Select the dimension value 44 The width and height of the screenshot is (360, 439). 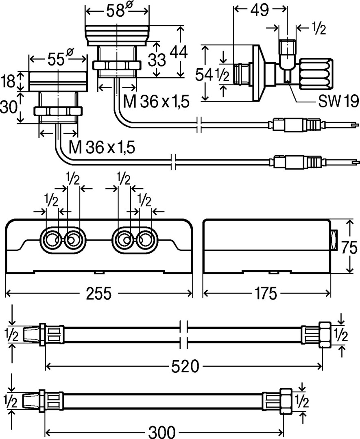pos(179,52)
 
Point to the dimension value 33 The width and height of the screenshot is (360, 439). pos(156,60)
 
